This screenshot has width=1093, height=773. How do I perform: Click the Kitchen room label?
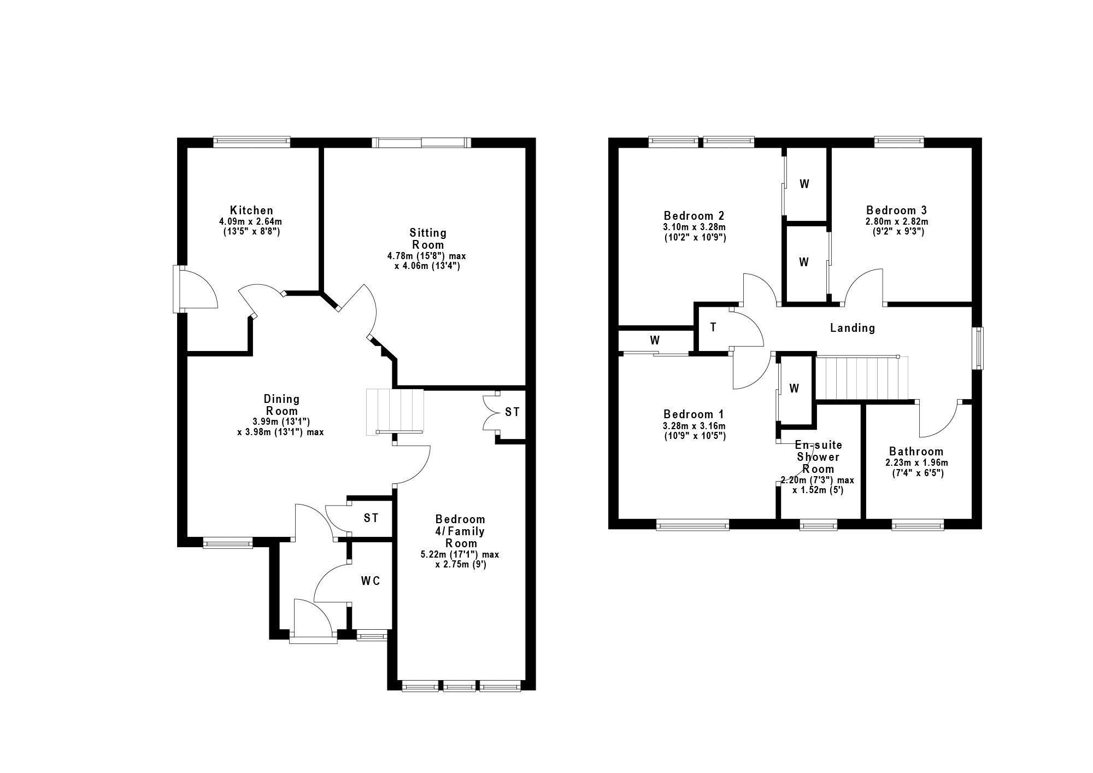tap(251, 210)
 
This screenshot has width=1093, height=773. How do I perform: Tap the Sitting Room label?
tap(429, 239)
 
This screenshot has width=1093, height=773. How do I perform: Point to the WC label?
tap(370, 581)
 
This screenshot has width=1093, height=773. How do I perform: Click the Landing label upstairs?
tap(853, 328)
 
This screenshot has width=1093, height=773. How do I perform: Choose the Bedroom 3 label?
tap(896, 210)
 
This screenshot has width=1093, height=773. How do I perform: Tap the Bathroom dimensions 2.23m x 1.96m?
tap(916, 462)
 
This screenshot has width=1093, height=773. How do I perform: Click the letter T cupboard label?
tap(713, 327)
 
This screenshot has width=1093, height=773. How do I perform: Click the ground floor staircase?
tap(395, 412)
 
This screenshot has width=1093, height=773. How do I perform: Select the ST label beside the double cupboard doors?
tap(512, 412)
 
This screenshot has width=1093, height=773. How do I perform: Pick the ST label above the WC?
tap(371, 518)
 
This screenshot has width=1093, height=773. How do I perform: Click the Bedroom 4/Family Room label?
tap(460, 531)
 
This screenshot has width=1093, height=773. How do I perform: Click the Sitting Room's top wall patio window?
tap(421, 142)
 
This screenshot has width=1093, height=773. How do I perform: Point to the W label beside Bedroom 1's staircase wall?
tap(794, 389)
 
